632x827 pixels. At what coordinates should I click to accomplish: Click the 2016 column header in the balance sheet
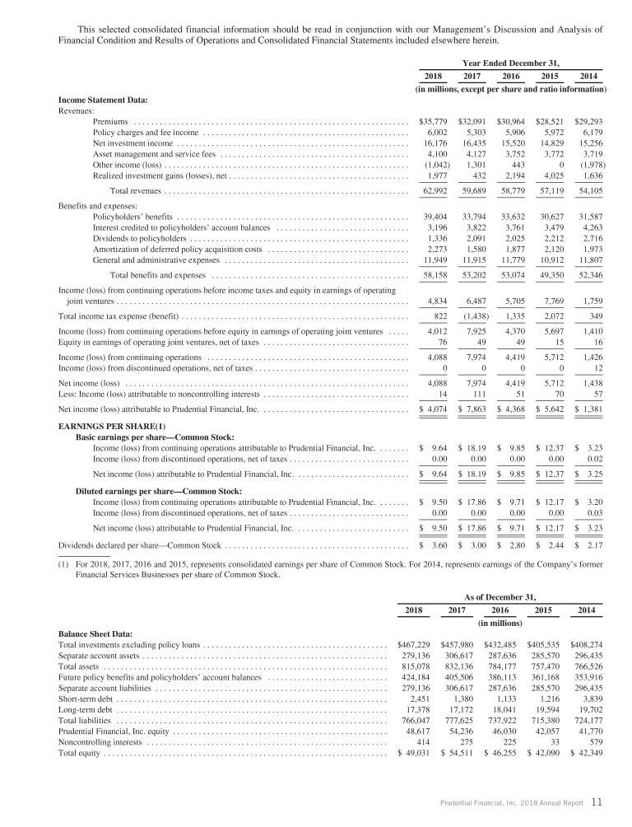[x=501, y=610]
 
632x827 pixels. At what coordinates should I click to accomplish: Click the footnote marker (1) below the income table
[x=65, y=564]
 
